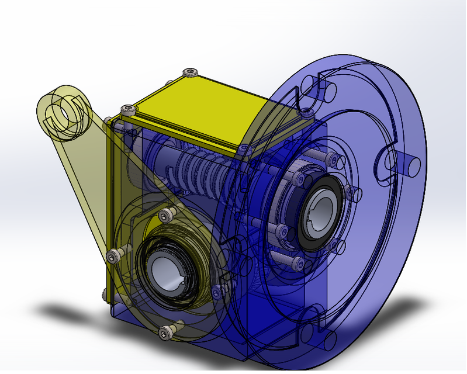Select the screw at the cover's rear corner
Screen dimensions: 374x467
point(190,72)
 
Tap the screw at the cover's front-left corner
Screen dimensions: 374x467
point(127,109)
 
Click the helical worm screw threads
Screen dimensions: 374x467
point(199,169)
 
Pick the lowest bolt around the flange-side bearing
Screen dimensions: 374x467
point(298,261)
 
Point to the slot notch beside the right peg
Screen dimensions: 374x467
point(386,164)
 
